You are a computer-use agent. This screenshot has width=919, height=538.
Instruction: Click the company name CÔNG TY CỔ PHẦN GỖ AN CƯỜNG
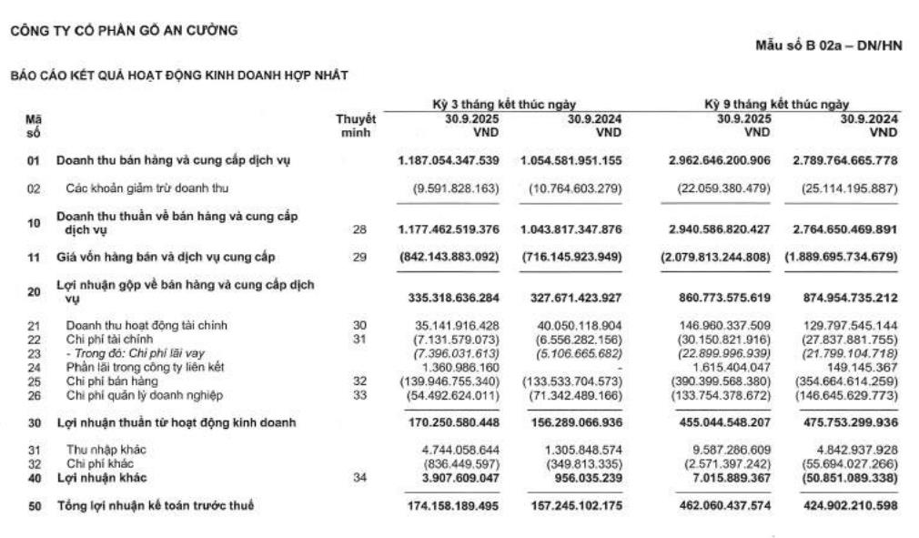[x=124, y=31]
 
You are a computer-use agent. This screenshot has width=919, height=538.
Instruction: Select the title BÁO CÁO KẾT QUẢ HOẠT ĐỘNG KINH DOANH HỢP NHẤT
[x=178, y=75]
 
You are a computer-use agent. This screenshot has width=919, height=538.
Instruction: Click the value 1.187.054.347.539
[x=449, y=161]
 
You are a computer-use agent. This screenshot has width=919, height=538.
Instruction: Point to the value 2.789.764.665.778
[x=842, y=161]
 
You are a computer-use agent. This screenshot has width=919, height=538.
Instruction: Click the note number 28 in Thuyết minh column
[x=359, y=231]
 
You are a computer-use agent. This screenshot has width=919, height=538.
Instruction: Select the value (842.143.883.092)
[x=449, y=258]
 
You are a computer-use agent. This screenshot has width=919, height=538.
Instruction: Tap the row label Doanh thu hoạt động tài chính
[x=146, y=324]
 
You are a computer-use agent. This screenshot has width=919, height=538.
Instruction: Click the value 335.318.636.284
[x=449, y=298]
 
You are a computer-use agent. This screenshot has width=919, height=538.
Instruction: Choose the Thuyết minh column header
[x=356, y=125]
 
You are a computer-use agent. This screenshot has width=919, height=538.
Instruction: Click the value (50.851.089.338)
[x=842, y=478]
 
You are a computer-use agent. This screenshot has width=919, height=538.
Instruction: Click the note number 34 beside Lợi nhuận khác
[x=359, y=478]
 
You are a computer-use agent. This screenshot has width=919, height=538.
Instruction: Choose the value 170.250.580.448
[x=449, y=422]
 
